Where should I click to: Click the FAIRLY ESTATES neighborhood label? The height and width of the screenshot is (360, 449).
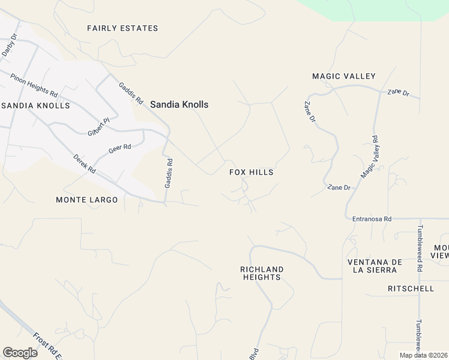(122, 28)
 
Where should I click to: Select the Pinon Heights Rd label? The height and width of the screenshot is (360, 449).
(34, 86)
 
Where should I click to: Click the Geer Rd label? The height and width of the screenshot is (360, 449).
(119, 149)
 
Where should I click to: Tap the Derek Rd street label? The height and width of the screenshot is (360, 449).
(85, 164)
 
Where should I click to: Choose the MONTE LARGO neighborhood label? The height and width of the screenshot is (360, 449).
(86, 200)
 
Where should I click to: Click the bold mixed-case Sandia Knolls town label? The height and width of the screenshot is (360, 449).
(179, 104)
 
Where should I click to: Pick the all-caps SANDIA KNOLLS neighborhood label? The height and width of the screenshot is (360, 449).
(36, 106)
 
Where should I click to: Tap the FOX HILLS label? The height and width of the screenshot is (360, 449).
(252, 172)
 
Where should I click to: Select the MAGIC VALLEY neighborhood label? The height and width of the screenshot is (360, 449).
(343, 76)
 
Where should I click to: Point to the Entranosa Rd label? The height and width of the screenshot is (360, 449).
(372, 219)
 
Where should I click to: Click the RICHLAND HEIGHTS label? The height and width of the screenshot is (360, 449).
(262, 274)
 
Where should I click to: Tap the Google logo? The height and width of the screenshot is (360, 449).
(20, 353)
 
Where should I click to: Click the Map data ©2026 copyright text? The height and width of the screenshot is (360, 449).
(423, 355)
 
